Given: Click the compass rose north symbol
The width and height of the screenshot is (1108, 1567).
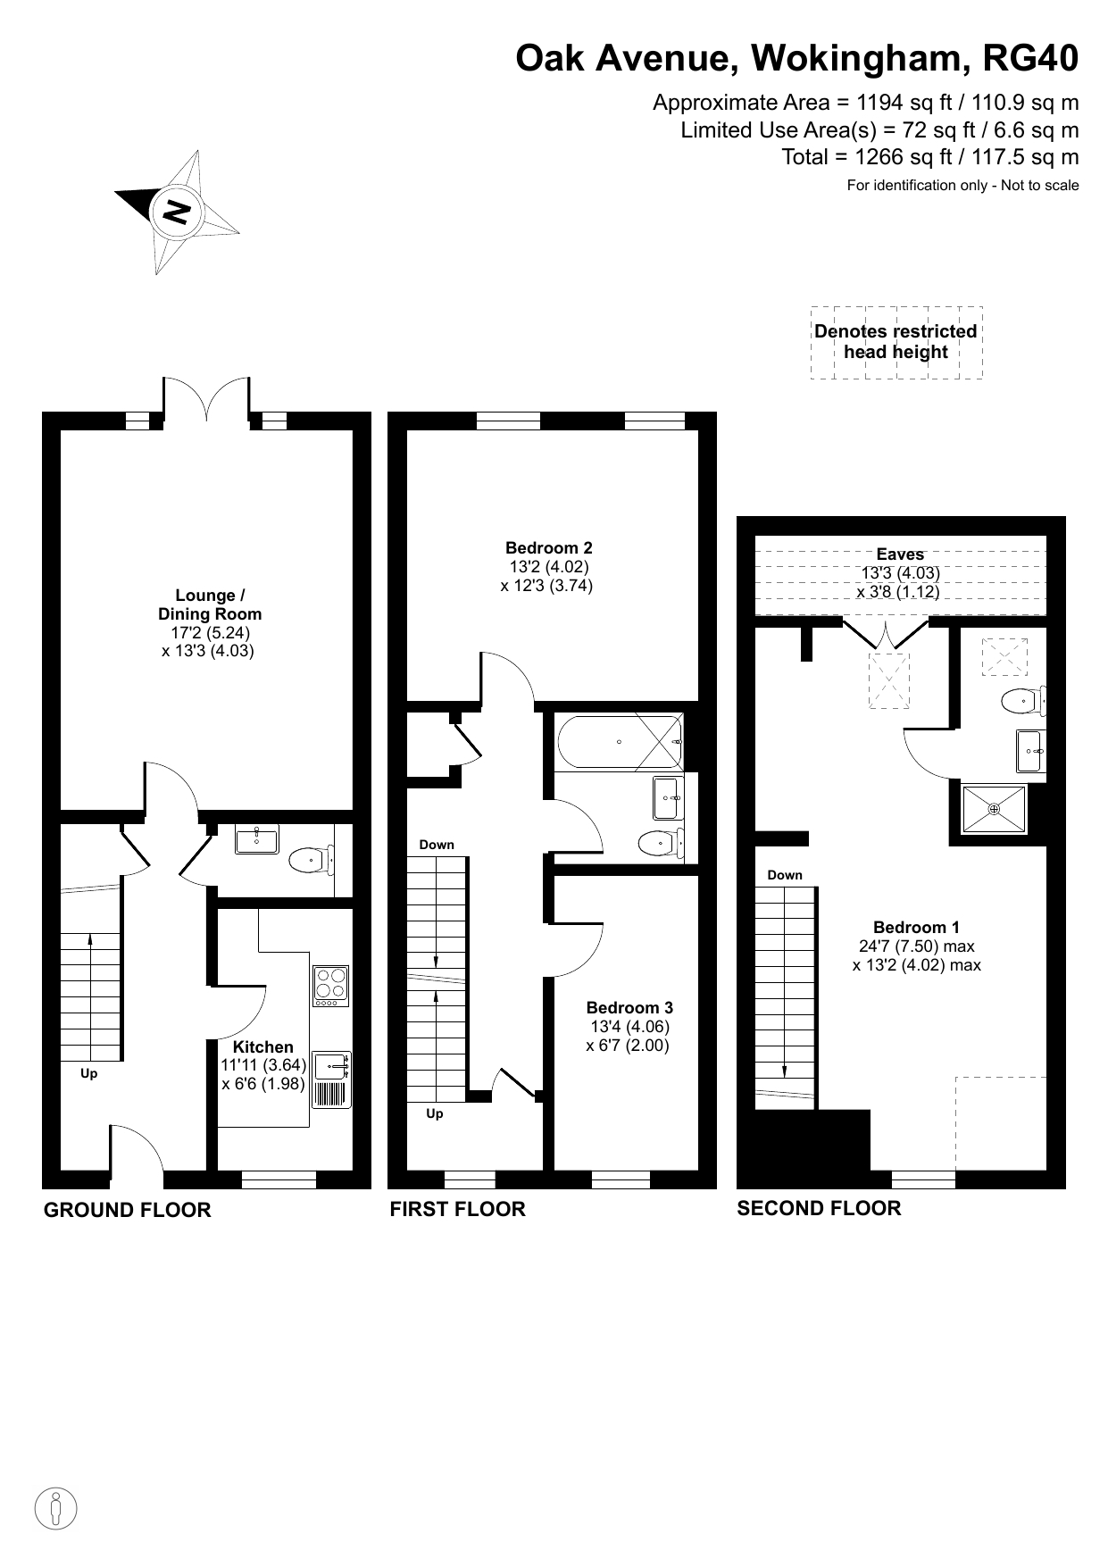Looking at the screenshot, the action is point(177,213).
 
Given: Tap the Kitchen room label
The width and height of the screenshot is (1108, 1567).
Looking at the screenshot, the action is point(263,1046).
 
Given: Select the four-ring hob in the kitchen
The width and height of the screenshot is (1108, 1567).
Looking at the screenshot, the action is point(331,986).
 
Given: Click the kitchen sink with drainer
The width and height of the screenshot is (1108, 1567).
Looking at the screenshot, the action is point(331,1079).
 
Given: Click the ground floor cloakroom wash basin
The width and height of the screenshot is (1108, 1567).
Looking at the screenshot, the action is point(257,839).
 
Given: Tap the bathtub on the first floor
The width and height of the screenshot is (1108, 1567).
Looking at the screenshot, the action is point(620,741).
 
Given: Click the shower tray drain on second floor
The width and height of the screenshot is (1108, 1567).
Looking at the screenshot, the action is point(994,809).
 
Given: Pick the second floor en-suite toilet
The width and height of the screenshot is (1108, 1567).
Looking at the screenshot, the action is point(1023,701).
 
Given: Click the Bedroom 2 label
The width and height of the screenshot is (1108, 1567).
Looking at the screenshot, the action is point(549,548).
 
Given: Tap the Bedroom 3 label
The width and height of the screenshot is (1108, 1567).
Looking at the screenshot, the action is point(629,1008).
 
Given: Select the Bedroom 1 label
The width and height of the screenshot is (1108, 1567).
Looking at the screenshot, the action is point(917,927).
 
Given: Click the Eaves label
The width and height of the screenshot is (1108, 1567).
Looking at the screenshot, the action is point(900,554).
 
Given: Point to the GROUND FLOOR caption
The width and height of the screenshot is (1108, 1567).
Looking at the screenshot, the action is point(128,1210).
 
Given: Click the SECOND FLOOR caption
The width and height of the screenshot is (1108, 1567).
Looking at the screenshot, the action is point(819,1208).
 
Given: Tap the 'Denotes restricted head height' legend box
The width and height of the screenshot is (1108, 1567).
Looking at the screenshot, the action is point(896,342).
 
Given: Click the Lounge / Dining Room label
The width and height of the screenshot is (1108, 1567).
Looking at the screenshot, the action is point(210,604).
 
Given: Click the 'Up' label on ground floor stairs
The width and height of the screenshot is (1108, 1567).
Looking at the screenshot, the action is point(89,1074).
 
